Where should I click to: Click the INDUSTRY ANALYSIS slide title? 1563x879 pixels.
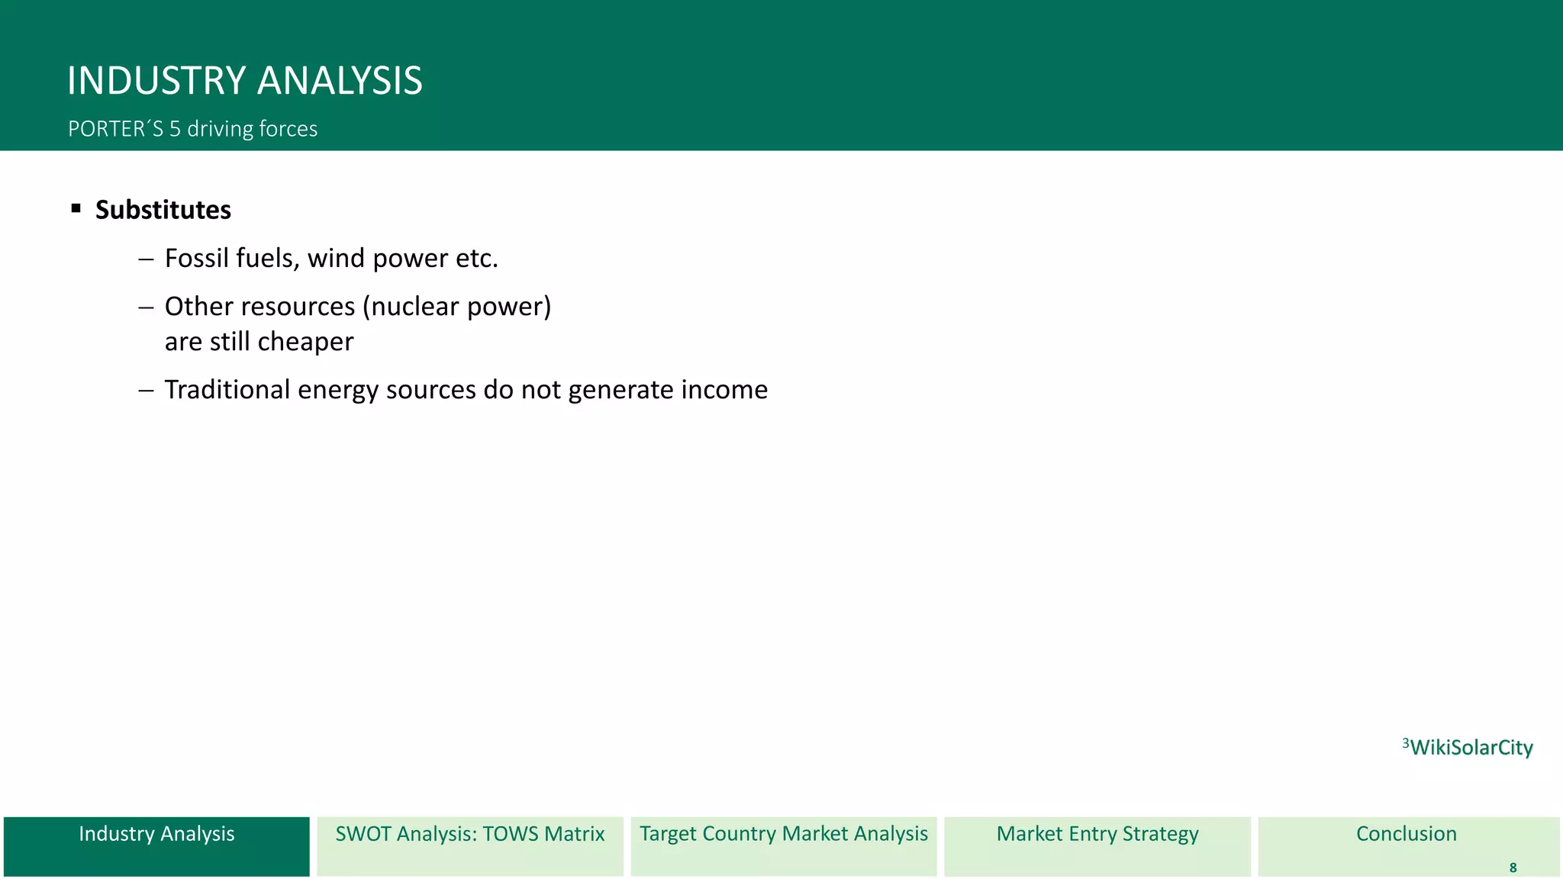244,81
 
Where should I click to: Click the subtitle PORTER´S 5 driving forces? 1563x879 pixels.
192,129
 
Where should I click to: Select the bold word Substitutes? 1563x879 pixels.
163,210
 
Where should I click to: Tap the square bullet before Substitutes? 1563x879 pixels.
76,208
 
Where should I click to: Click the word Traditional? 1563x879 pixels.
227,390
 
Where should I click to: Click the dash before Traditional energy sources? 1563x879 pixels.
146,390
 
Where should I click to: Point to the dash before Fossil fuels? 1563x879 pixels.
146,259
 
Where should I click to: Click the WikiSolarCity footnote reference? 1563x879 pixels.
1468,747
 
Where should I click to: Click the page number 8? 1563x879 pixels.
1513,868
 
